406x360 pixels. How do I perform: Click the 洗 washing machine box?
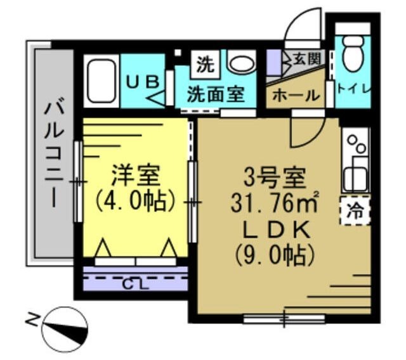coord(205,63)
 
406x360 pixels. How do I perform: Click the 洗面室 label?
coord(216,94)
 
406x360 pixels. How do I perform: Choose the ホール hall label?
coord(295,96)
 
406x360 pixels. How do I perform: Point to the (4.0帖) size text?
coord(134,201)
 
